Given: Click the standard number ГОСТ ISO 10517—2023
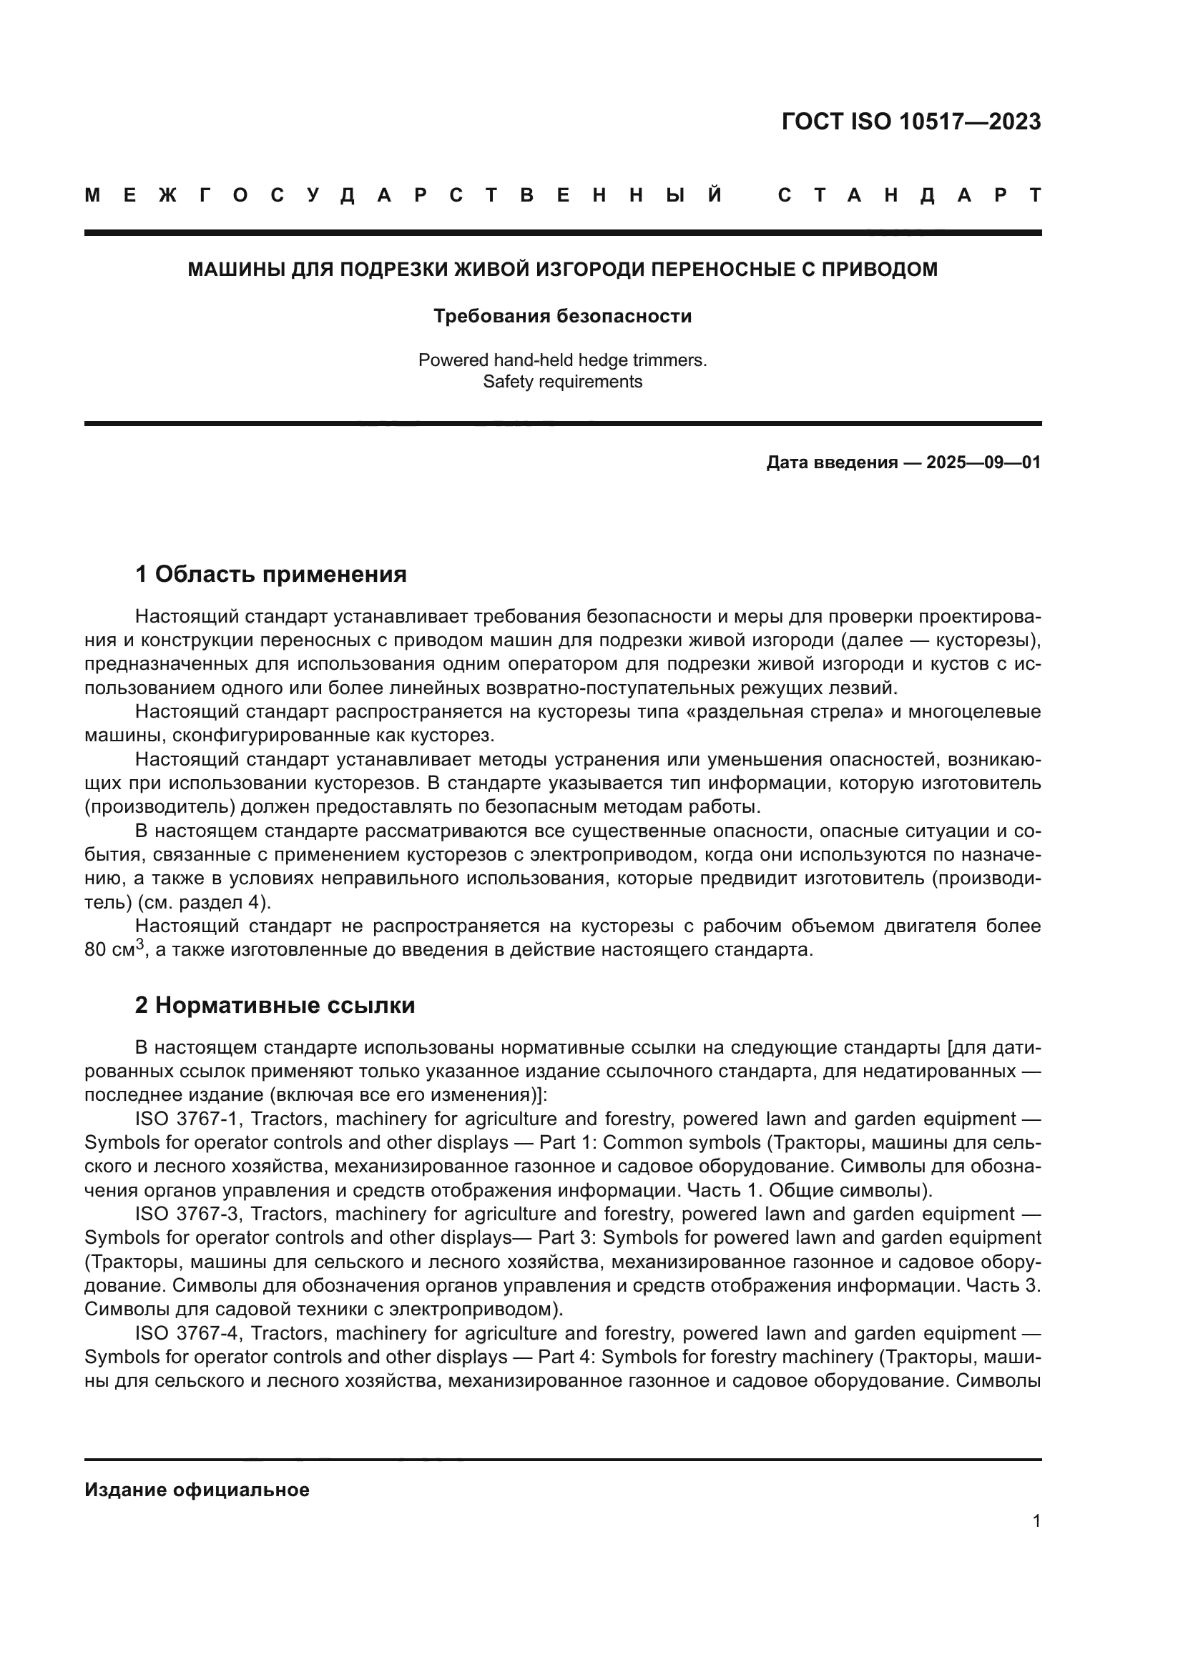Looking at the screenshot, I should click(x=910, y=122).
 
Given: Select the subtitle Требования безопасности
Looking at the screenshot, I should click(x=562, y=316).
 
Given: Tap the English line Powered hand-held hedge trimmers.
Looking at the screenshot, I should click(x=562, y=360).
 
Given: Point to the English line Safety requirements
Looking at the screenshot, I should click(x=562, y=382).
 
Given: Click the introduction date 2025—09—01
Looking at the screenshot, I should click(x=983, y=462).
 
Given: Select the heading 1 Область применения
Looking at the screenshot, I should click(x=270, y=575).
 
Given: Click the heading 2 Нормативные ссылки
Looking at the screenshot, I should click(x=275, y=1005).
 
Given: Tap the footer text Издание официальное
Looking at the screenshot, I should click(x=197, y=1490).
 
